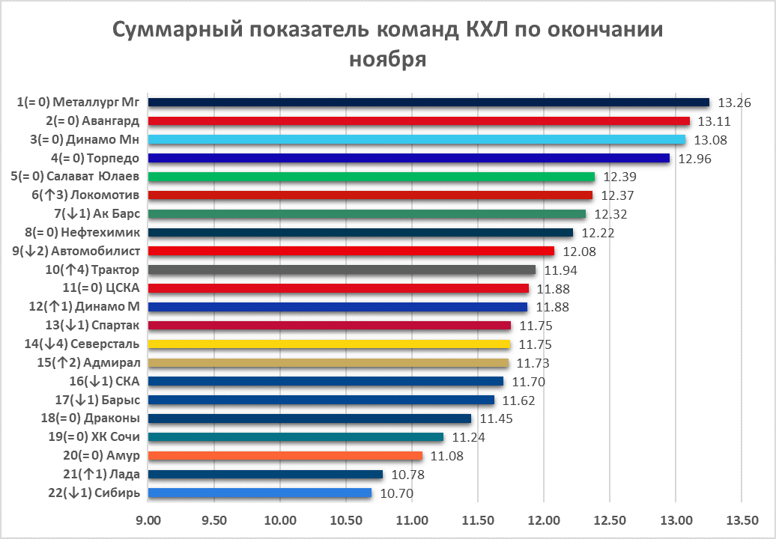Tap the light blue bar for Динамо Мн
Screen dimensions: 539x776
point(416,139)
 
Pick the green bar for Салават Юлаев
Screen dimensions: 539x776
point(372,177)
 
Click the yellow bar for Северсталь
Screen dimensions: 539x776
point(330,344)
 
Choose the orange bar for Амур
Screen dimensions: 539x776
point(285,455)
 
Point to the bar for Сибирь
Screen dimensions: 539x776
point(260,493)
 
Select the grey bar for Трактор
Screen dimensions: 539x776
point(342,269)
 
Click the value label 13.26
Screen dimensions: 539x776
point(734,103)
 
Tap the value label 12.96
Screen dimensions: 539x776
point(694,158)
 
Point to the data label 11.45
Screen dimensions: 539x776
point(496,418)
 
